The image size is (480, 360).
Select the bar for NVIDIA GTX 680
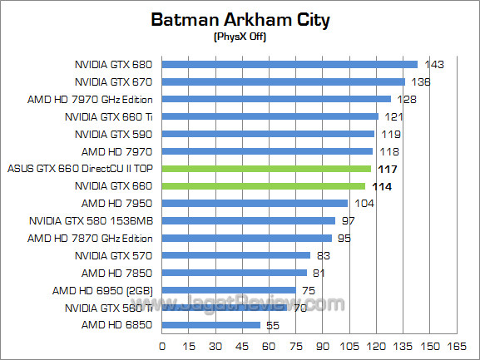(x=289, y=64)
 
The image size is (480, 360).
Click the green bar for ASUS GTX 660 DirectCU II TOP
(x=266, y=169)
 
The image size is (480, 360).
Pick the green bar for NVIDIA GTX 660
(x=264, y=186)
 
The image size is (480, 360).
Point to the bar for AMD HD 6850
(x=211, y=325)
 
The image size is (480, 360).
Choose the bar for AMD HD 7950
(x=255, y=203)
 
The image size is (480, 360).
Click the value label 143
(x=434, y=65)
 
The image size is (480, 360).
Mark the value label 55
(x=273, y=325)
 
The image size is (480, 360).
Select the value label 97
(x=348, y=221)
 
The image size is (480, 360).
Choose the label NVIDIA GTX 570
(x=114, y=255)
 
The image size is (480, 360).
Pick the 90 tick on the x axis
(x=323, y=345)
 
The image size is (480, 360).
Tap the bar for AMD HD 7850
(x=235, y=273)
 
